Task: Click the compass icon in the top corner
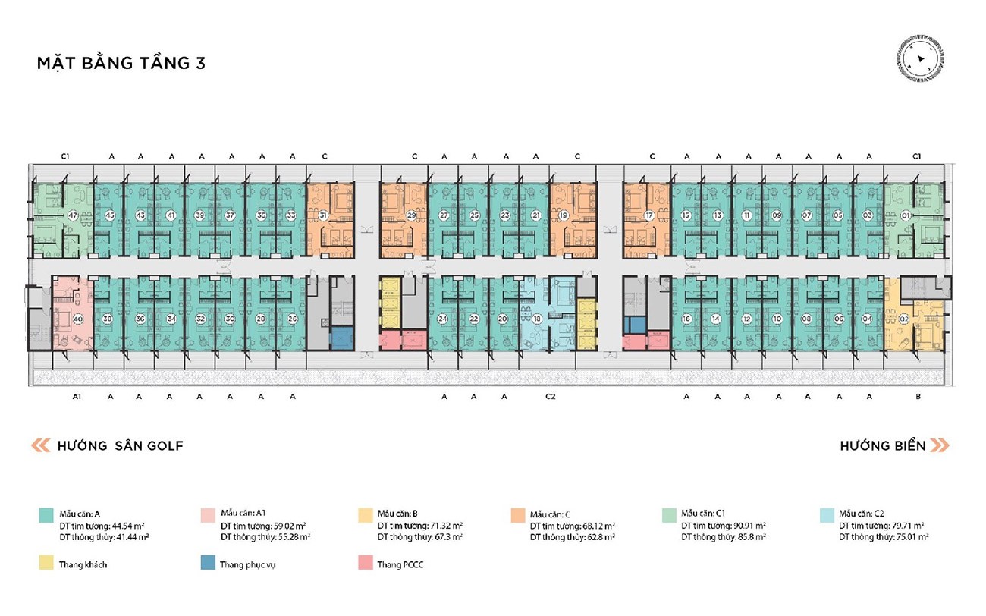coord(919,59)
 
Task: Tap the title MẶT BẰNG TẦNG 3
coord(121,63)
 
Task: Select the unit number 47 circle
coord(73,215)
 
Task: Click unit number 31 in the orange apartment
coord(323,215)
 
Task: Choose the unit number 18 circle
coord(536,319)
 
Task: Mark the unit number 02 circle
coord(903,319)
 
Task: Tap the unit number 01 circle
coord(904,215)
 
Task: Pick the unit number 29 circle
coord(411,215)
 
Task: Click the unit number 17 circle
coord(649,215)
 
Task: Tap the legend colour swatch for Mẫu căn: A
coord(46,514)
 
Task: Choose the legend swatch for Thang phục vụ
coord(207,564)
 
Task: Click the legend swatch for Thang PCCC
coord(364,564)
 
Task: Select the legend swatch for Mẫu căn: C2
coord(827,514)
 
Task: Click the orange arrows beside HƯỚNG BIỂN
coord(940,445)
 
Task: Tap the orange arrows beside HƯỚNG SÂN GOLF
coord(41,445)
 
